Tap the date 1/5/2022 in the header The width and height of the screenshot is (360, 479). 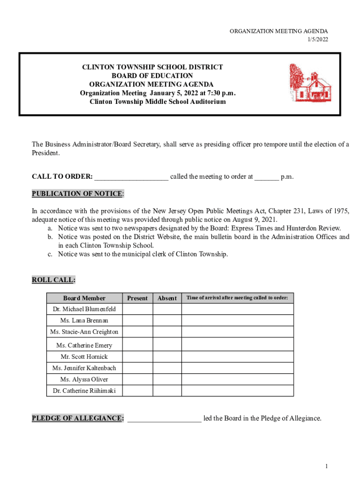317,40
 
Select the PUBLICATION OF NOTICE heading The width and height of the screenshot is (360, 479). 78,194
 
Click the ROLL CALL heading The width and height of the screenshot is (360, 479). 53,280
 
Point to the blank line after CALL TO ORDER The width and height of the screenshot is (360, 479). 131,177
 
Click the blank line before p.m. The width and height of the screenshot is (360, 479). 266,177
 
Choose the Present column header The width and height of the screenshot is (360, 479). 137,298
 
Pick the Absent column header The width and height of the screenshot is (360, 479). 167,298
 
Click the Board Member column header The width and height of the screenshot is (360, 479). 85,298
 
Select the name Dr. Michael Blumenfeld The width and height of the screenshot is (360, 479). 84,309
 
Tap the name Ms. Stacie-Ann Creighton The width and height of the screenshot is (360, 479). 84,332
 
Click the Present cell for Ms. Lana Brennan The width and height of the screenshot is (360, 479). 137,320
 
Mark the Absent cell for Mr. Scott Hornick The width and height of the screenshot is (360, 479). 167,356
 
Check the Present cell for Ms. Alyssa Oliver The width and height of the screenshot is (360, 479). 137,379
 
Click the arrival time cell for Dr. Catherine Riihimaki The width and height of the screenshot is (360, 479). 238,391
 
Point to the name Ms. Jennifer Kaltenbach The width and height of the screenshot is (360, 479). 84,368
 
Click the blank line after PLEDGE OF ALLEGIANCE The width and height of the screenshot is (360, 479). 164,418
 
